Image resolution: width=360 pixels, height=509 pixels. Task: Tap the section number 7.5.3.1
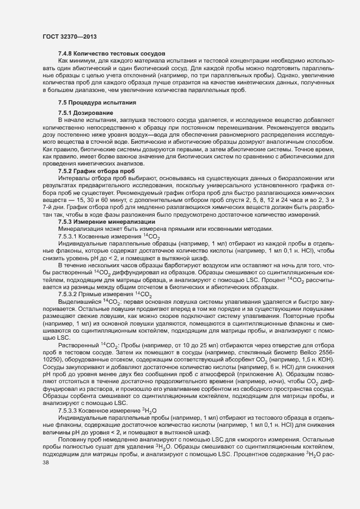[x=68, y=237]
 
